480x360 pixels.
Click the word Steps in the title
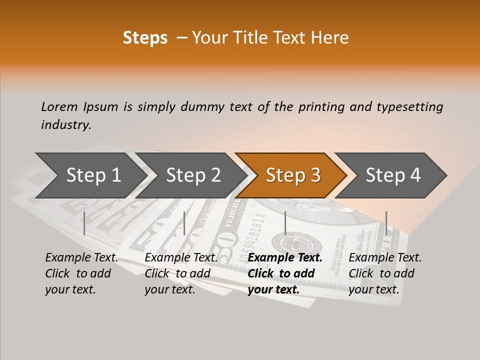coord(145,38)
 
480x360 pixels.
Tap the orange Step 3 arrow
coord(293,175)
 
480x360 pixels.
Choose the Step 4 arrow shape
coord(393,175)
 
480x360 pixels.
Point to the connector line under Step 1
coord(84,223)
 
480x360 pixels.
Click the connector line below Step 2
coord(184,223)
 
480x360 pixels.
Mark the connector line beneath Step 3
coord(285,223)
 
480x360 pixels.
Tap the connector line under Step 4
coord(386,223)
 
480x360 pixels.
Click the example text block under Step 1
coord(81,273)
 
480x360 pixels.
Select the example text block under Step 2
coord(181,273)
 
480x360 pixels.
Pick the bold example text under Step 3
coord(285,273)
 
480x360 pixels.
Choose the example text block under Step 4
coord(385,273)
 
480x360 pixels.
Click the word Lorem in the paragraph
coord(59,107)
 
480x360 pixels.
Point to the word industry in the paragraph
coord(66,125)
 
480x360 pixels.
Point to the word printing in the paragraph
coord(320,107)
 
